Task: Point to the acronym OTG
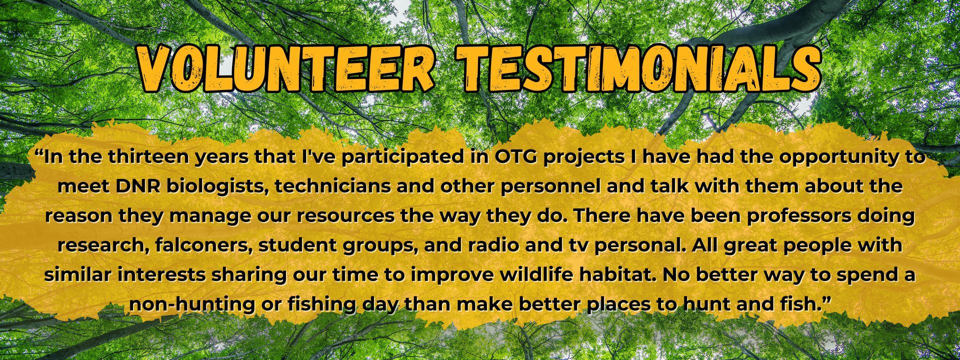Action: (515, 157)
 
